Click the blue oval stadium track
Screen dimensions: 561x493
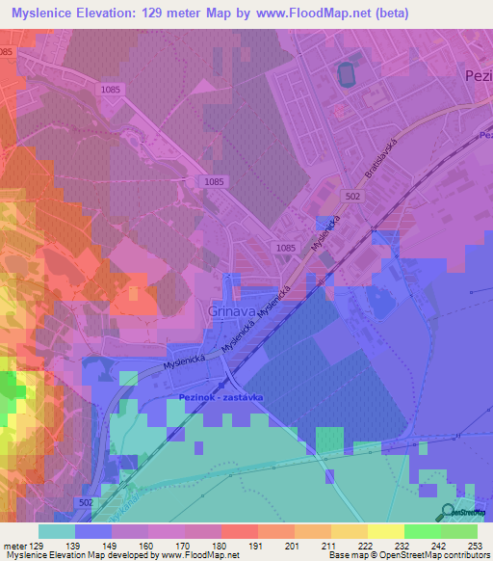click(x=346, y=72)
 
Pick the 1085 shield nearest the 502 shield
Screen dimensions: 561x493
click(x=286, y=248)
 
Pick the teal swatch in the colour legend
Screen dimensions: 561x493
click(x=57, y=531)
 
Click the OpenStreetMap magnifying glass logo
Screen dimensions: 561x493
click(x=448, y=511)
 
